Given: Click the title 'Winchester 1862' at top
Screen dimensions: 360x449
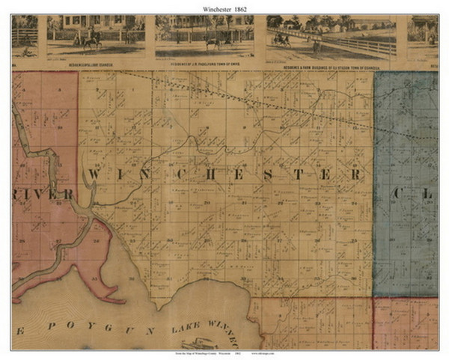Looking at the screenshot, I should [x=224, y=7].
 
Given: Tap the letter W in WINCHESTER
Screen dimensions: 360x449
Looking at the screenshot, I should [x=95, y=174].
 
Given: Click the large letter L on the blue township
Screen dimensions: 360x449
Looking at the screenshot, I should [x=429, y=193].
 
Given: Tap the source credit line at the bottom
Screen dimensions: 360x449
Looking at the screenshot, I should [x=224, y=352].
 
